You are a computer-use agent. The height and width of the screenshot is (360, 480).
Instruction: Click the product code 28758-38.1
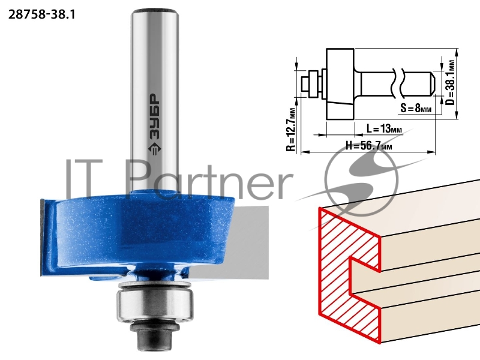pyautogui.click(x=41, y=14)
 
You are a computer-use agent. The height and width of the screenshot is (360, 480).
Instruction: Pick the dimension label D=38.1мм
pyautogui.click(x=449, y=82)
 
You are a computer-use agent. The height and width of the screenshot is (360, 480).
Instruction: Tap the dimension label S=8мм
pyautogui.click(x=416, y=108)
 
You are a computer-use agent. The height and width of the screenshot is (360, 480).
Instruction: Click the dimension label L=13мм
pyautogui.click(x=384, y=129)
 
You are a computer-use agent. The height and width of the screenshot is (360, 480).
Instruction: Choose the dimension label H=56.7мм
pyautogui.click(x=368, y=145)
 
